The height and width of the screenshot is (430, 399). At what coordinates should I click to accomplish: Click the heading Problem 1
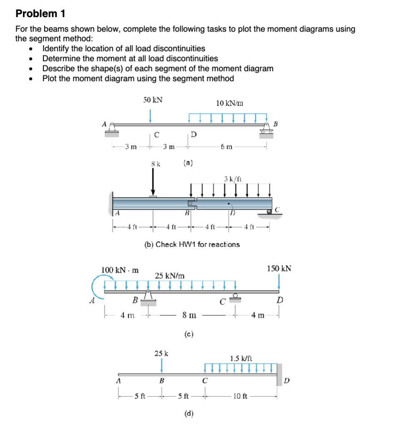click(40, 13)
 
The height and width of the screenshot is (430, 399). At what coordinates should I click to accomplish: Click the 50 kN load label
click(153, 100)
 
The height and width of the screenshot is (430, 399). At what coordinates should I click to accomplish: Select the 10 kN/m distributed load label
click(230, 103)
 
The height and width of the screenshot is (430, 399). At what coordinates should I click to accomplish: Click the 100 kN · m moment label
click(120, 270)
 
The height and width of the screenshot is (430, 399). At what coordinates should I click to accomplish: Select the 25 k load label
click(162, 353)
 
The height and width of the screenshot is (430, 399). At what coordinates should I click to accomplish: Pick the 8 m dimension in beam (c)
click(190, 315)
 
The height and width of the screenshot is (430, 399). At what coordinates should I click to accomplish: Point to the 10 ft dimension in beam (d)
click(241, 396)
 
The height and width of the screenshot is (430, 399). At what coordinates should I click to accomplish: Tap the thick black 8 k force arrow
click(153, 183)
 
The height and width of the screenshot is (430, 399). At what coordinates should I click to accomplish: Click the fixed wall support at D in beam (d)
click(279, 375)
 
